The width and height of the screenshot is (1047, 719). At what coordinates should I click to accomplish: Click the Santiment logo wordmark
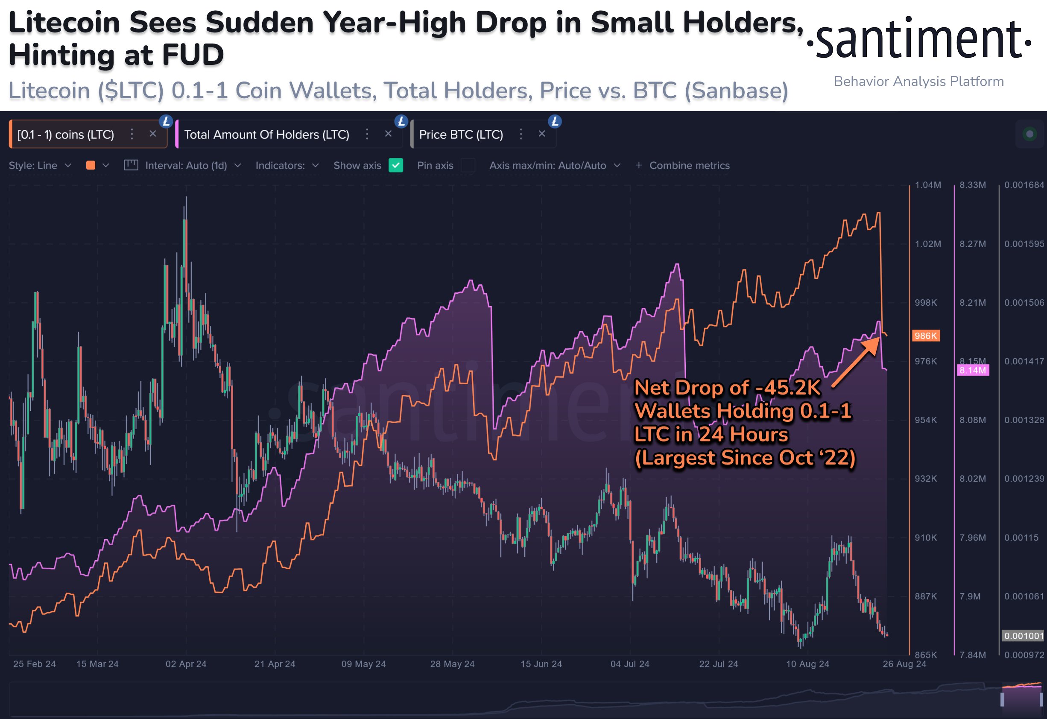918,41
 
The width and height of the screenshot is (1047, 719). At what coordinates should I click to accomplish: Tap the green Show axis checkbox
395,165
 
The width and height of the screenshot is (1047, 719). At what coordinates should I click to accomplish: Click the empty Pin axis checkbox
468,165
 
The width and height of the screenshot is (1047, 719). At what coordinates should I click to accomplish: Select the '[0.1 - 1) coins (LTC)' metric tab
66,134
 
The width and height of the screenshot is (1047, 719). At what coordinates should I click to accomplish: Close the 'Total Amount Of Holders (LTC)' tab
388,134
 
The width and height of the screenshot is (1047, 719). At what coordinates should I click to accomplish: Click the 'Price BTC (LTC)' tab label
461,134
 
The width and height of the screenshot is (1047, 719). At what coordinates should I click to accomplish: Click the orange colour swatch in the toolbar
91,165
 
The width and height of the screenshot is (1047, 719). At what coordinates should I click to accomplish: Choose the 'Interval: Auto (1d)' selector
186,165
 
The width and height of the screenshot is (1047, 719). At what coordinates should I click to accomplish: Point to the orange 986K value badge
925,336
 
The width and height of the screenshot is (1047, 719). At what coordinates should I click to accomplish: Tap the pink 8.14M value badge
972,370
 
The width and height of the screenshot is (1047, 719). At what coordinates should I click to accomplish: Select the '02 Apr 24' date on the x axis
186,664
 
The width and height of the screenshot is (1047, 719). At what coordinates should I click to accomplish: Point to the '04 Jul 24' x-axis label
630,664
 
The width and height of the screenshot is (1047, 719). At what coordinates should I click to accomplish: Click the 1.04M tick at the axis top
927,185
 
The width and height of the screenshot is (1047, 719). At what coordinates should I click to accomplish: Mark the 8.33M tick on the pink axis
972,185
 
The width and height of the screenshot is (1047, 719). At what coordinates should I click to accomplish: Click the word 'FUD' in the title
193,55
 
